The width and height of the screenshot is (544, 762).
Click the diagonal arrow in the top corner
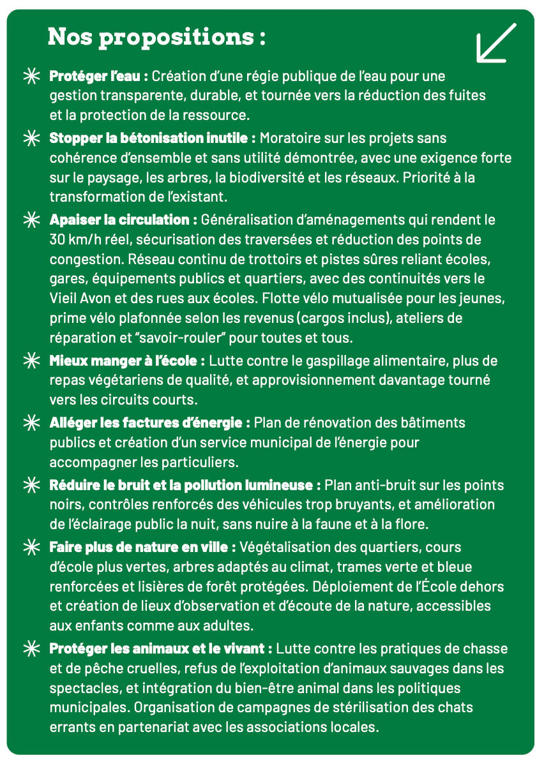pos(496,43)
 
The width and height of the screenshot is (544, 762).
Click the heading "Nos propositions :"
pos(156,36)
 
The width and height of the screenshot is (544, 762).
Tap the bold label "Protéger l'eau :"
pos(99,77)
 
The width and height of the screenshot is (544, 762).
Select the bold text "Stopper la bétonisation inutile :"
pos(153,138)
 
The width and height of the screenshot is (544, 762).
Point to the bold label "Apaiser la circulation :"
pos(123,220)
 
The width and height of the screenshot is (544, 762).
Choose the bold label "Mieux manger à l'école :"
pos(127,361)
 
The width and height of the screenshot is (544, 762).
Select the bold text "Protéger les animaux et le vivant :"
pos(161,648)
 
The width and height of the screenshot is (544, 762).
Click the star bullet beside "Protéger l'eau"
pos(30,77)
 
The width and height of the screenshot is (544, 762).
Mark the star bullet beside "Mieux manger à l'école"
pos(30,361)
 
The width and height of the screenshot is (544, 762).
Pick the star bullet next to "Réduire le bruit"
pos(30,485)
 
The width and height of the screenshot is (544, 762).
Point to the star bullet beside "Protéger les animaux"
pos(30,648)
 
